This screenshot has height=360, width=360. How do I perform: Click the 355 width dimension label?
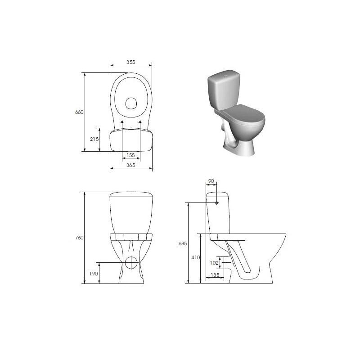[x=131, y=62]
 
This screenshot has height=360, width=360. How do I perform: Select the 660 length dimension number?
[x=79, y=112]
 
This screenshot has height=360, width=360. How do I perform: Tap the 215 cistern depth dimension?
[x=94, y=139]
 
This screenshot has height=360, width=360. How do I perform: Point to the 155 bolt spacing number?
[x=130, y=155]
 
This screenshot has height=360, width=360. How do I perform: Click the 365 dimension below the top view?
[x=131, y=165]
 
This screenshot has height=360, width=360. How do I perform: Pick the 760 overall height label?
[x=79, y=238]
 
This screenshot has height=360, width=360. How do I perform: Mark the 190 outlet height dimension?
[x=94, y=274]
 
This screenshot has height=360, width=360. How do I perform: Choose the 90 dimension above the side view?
[x=211, y=181]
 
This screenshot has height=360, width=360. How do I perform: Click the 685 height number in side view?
[x=183, y=243]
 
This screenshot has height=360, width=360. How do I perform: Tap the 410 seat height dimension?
[x=196, y=257]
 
